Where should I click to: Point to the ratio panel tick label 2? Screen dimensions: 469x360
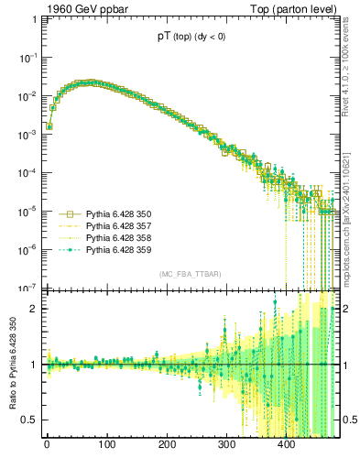click(x=35, y=309)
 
